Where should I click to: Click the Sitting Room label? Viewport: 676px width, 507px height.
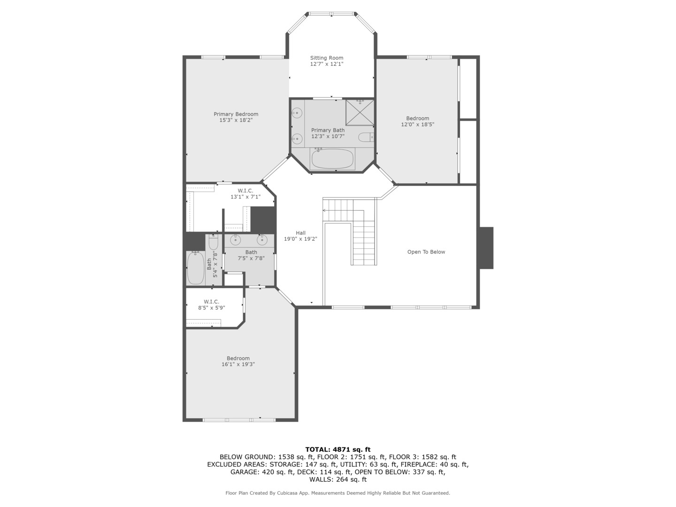coord(326,58)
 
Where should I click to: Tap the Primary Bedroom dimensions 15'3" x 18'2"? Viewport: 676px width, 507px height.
coord(236,120)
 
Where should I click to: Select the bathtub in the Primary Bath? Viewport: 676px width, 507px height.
coord(332,159)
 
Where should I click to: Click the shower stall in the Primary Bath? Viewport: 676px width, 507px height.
coord(360,112)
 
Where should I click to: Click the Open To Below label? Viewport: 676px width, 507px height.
coord(426,252)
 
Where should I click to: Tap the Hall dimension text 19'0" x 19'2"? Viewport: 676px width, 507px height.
coord(300,239)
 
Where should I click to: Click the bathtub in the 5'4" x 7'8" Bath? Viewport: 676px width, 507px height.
coord(195,268)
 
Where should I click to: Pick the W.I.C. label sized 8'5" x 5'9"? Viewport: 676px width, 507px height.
coord(211,302)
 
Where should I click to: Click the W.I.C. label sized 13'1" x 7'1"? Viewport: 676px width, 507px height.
coord(245,191)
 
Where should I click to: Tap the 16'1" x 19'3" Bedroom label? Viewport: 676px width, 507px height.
coord(238,359)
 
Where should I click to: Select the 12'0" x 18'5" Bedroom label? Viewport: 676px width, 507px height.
coord(417,118)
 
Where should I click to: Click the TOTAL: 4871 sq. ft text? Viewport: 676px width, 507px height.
coord(338,449)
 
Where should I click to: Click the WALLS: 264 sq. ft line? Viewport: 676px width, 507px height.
coord(338,479)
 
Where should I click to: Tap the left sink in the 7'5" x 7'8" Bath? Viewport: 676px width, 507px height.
coord(235,240)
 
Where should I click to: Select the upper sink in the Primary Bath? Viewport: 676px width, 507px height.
coord(297,113)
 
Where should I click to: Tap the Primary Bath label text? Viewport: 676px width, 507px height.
coord(328,130)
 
